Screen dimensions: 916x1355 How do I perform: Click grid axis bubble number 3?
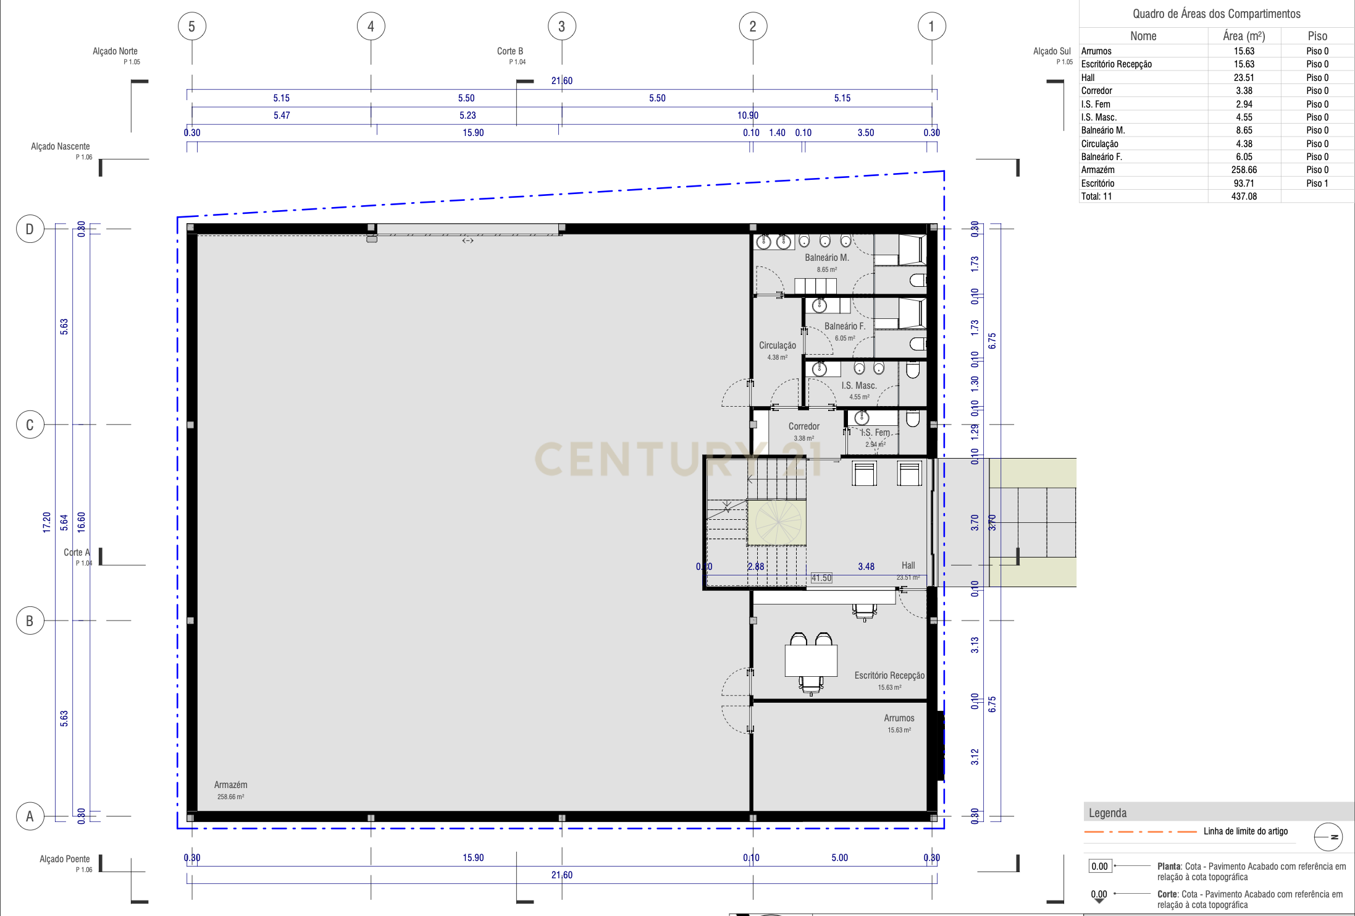click(561, 27)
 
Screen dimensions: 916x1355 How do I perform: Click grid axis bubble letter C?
click(30, 425)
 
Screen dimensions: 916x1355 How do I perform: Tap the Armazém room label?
click(230, 785)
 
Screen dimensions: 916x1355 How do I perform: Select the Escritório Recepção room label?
click(889, 676)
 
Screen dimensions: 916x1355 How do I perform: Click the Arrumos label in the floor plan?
click(899, 718)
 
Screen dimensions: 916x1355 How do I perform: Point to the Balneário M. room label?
click(826, 258)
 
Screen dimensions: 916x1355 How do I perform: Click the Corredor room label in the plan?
click(803, 426)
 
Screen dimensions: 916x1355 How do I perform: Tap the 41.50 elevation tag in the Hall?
click(821, 578)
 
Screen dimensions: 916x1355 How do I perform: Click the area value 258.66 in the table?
click(1244, 170)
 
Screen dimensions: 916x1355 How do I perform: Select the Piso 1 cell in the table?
click(1317, 184)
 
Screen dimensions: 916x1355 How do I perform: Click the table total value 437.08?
click(1244, 197)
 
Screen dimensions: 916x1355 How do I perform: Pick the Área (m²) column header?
click(1244, 36)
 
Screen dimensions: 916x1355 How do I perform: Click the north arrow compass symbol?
click(1328, 837)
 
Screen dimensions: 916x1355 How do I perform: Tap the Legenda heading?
click(1107, 813)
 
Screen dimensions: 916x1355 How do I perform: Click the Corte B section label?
click(510, 51)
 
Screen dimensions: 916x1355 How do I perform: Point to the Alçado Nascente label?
click(61, 146)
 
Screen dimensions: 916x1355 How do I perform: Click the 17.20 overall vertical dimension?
click(47, 522)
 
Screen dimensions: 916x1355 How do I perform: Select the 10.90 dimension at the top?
click(747, 116)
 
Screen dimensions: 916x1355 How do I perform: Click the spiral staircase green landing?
click(776, 522)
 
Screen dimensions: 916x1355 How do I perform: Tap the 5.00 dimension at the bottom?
click(839, 858)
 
